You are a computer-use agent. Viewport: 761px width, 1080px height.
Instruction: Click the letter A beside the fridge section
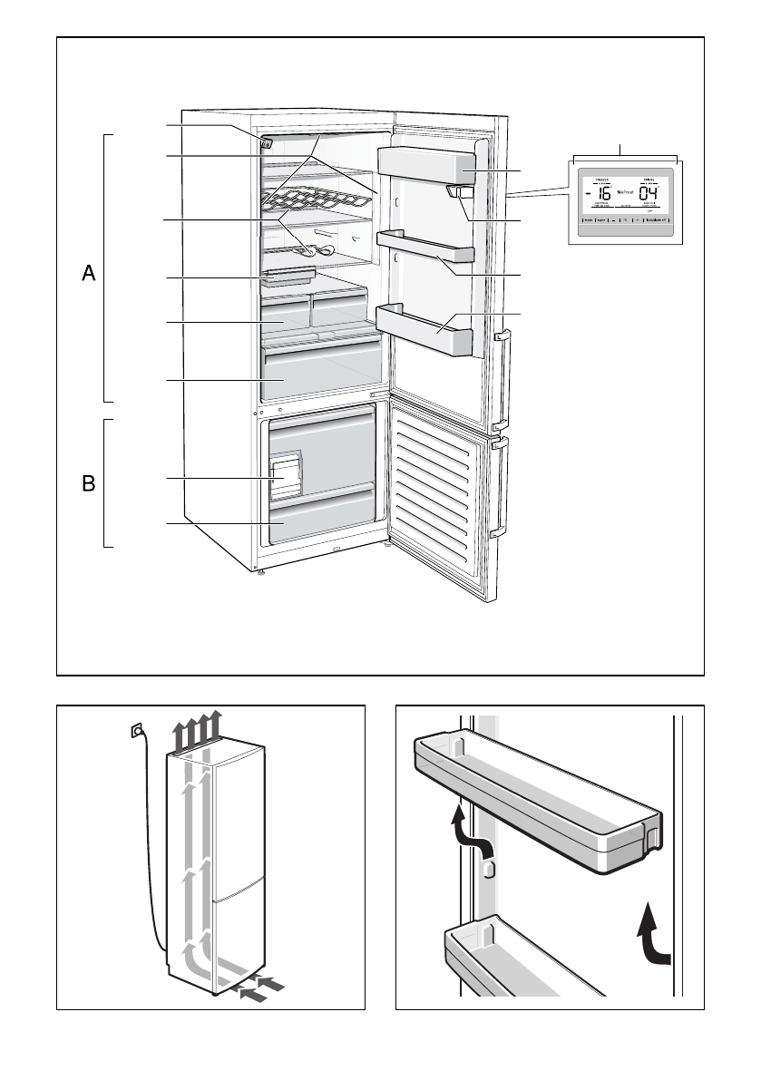pos(89,274)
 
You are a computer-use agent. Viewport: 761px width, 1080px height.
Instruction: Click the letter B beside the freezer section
pos(89,484)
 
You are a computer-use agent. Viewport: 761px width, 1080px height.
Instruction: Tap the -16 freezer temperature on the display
pos(600,195)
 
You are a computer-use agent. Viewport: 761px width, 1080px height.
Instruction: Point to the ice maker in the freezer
pos(285,476)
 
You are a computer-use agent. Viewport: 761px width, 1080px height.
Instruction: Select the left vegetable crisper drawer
pos(285,314)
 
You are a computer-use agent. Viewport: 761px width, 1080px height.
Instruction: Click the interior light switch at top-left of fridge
pos(267,142)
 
